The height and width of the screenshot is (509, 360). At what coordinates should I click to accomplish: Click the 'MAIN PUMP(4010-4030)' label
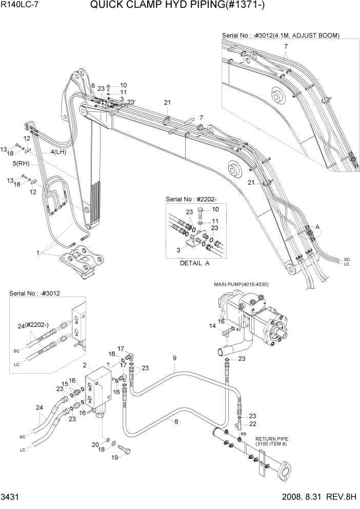tap(241, 284)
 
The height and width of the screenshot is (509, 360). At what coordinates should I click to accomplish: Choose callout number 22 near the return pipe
tap(253, 423)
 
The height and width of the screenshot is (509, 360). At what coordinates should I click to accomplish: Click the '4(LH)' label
tap(58, 152)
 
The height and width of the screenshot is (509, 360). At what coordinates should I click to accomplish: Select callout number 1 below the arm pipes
tap(37, 253)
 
